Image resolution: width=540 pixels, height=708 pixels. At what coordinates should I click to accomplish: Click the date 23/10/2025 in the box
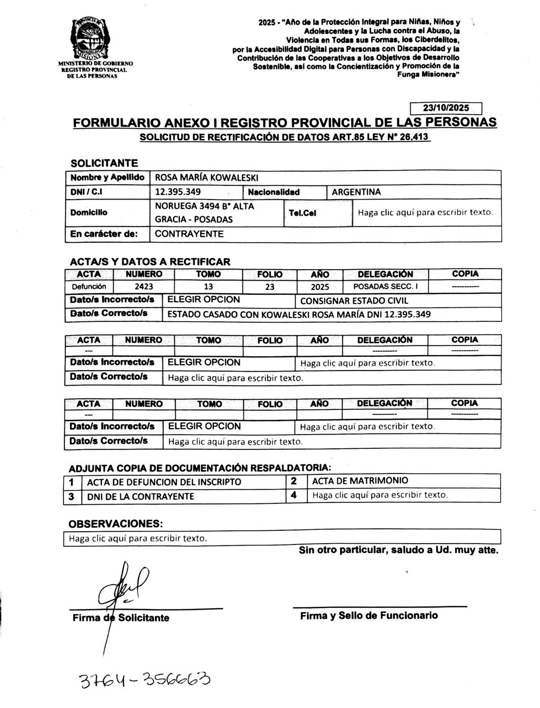pos(445,108)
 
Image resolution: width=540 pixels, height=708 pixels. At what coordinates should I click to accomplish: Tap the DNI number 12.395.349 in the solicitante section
pos(178,192)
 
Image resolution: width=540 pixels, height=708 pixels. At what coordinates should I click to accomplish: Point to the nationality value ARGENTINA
pos(356,192)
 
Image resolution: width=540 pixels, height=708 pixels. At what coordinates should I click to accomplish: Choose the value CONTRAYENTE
pos(189,234)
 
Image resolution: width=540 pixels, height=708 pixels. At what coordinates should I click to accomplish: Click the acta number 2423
pos(144,287)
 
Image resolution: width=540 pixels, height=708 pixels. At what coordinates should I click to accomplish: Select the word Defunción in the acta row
pos(89,287)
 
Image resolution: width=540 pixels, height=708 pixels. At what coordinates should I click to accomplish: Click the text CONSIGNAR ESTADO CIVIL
pos(354,301)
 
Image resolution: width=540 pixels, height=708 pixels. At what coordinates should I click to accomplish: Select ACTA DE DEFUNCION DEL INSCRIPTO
pos(164,482)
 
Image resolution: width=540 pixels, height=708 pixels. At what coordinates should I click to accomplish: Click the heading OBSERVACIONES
pos(115,524)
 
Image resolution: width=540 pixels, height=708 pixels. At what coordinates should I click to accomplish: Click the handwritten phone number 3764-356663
pos(144,681)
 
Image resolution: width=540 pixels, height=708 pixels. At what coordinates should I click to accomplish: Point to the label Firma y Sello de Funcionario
pos(369,616)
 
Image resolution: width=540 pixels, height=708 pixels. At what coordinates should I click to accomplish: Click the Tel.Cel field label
pos(302,213)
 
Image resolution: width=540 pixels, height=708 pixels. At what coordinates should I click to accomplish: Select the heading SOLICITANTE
pos(104,163)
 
